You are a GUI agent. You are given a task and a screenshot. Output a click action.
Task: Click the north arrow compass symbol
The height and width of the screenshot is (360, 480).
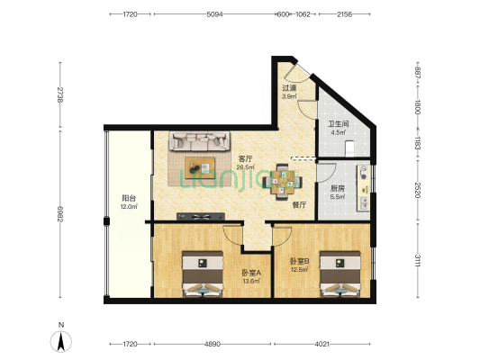point(61,341)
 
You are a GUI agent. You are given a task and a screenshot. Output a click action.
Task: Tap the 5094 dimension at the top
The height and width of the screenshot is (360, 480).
point(214,14)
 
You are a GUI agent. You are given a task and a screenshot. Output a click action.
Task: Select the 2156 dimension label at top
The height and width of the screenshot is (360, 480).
point(344,14)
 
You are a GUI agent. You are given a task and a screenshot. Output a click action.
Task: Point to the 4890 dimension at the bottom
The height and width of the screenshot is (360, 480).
point(213,344)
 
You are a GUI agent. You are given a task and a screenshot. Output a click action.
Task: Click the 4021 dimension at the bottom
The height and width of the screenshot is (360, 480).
point(322,344)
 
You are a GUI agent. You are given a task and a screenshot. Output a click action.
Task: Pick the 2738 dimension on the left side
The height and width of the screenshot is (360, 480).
point(60,94)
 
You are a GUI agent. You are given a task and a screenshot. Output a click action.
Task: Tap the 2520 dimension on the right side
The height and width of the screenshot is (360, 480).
point(417,190)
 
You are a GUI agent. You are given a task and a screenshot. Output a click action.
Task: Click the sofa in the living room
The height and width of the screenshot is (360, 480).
point(200,141)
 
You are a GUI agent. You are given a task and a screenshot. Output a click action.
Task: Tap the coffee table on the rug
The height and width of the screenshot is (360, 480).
point(200,167)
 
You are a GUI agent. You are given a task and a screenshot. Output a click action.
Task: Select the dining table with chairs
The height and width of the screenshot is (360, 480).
point(282,182)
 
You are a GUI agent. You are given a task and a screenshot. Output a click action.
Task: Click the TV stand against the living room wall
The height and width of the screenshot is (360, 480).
point(201,217)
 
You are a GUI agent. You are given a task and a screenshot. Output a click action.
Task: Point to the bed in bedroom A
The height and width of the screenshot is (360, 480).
point(203,274)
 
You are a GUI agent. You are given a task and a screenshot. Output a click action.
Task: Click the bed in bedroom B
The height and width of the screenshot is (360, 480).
point(340,274)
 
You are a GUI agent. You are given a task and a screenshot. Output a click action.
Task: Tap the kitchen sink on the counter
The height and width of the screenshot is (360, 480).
point(364,202)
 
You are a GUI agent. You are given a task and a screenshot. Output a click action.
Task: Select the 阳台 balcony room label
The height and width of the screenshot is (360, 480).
point(129,198)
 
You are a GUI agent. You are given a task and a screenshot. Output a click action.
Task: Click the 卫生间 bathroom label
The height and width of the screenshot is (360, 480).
point(339,124)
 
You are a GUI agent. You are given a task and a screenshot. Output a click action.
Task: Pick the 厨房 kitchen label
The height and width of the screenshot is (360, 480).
point(338,188)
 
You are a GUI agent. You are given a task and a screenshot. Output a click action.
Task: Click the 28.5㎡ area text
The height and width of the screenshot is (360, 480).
point(246,167)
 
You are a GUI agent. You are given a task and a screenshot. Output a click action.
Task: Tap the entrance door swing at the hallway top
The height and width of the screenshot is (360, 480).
point(295,75)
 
